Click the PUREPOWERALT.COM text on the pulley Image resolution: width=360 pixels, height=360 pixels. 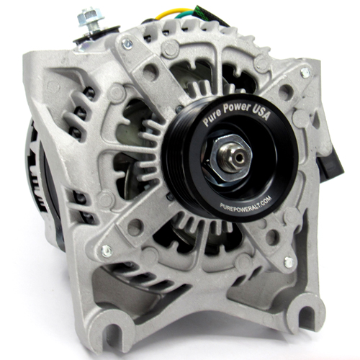[x=246, y=203]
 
